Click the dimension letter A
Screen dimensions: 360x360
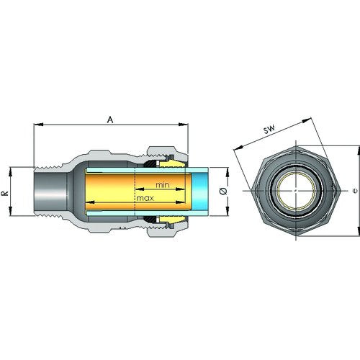pos(110,120)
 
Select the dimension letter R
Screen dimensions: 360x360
pos(5,193)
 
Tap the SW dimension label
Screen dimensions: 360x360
pos(269,129)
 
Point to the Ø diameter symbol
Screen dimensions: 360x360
pos(223,191)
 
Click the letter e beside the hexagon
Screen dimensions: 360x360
pos(355,191)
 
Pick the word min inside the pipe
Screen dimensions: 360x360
pos(163,185)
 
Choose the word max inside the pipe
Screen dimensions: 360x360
pos(145,198)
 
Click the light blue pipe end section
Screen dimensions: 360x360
pos(200,192)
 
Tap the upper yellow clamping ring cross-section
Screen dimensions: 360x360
pos(172,164)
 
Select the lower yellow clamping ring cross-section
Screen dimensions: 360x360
pos(172,219)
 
